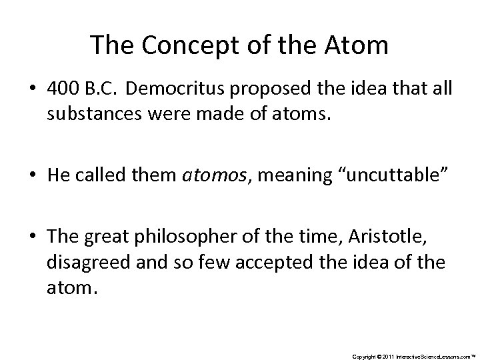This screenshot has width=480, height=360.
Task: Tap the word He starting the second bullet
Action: click(x=56, y=175)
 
